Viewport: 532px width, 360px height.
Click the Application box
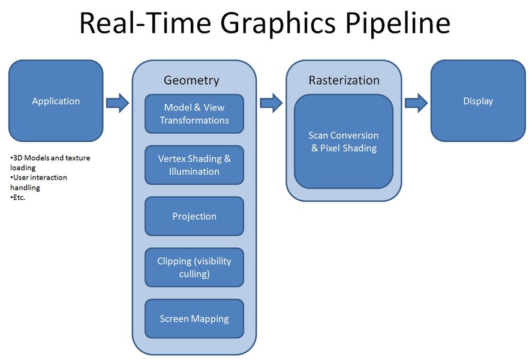pyautogui.click(x=56, y=101)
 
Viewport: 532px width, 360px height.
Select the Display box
pyautogui.click(x=478, y=101)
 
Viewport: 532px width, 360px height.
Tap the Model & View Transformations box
pyautogui.click(x=194, y=113)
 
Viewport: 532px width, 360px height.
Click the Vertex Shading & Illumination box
pyautogui.click(x=194, y=165)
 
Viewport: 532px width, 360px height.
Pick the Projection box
pyautogui.click(x=194, y=216)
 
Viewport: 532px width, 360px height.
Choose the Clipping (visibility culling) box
pyautogui.click(x=194, y=268)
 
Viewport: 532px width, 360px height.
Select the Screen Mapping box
pyautogui.click(x=194, y=319)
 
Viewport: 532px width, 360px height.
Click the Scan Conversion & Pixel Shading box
pyautogui.click(x=344, y=142)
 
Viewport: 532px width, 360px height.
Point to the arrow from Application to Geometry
pyautogui.click(x=118, y=102)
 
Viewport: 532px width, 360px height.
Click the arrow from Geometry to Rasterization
pyautogui.click(x=271, y=102)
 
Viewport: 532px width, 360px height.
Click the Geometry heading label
pyautogui.click(x=191, y=80)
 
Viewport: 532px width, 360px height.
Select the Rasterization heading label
pyautogui.click(x=344, y=80)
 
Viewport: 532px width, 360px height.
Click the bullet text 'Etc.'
pyautogui.click(x=19, y=197)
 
